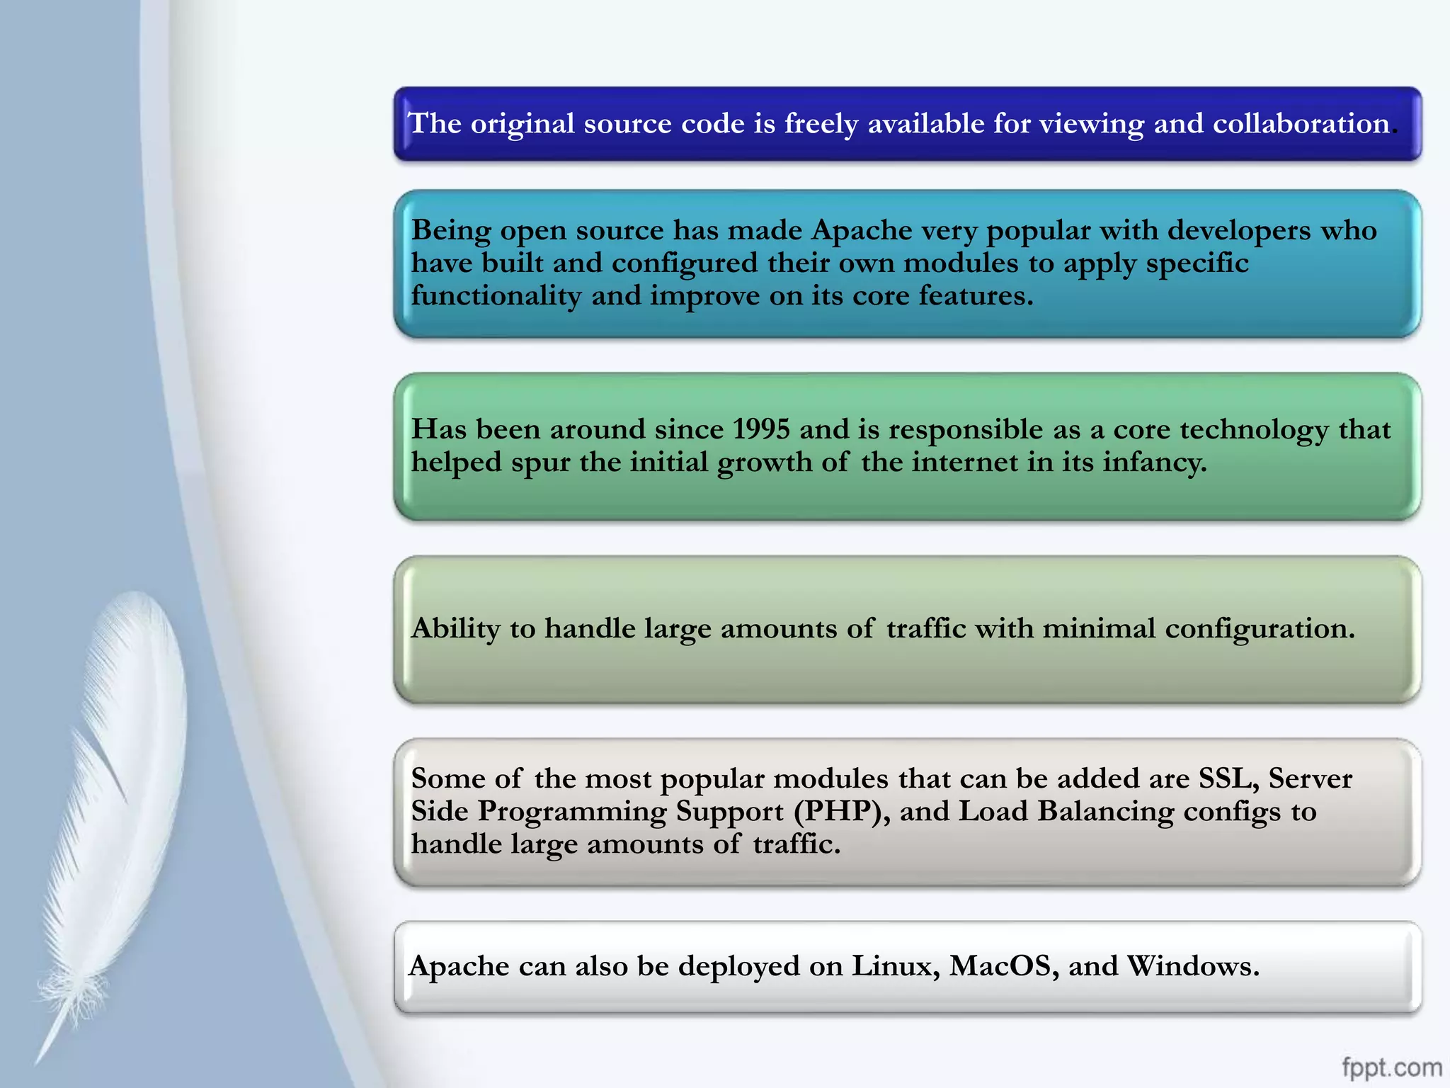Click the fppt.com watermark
click(x=1391, y=1067)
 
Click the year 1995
click(x=761, y=429)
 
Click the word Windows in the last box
click(x=1192, y=966)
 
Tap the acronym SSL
click(x=1228, y=778)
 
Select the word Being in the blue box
click(x=451, y=230)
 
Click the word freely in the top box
click(x=821, y=125)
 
